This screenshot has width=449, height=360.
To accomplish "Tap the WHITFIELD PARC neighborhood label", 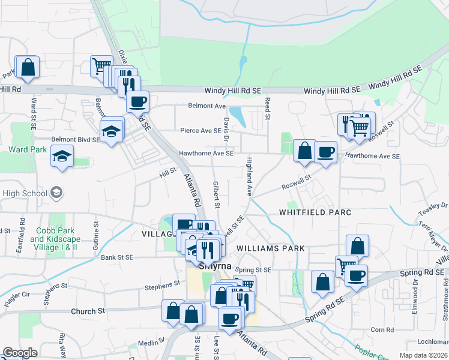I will click(x=315, y=212).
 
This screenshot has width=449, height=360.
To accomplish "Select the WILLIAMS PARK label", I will click(x=271, y=248).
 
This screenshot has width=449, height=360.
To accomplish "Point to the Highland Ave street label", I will click(x=248, y=176).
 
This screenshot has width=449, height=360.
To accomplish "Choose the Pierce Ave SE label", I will click(x=200, y=130).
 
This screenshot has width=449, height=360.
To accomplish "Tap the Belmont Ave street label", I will click(x=206, y=106).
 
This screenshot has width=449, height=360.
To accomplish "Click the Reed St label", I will click(x=268, y=106).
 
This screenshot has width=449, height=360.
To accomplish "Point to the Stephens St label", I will click(x=164, y=284).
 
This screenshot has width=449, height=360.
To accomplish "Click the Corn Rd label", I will click(x=382, y=329).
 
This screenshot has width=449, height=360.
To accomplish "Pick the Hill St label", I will click(x=167, y=172).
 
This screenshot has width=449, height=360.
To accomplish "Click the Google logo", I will click(x=20, y=353).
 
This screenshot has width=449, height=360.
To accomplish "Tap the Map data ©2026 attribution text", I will click(x=423, y=355).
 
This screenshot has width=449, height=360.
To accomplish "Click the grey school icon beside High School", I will click(x=56, y=193).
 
